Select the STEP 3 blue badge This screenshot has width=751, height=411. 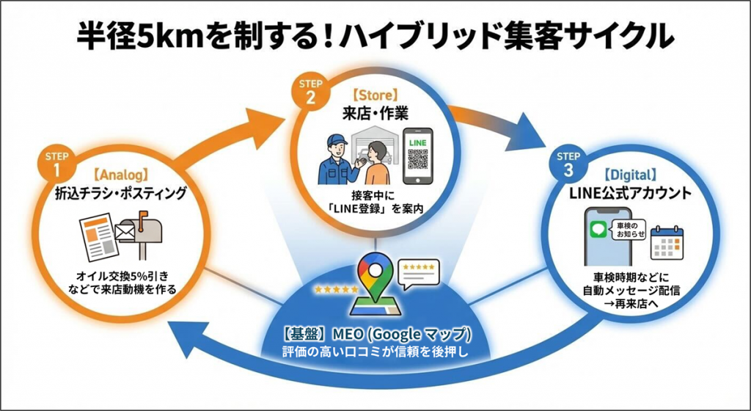tap(568, 162)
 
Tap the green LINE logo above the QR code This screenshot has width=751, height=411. tap(418, 139)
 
